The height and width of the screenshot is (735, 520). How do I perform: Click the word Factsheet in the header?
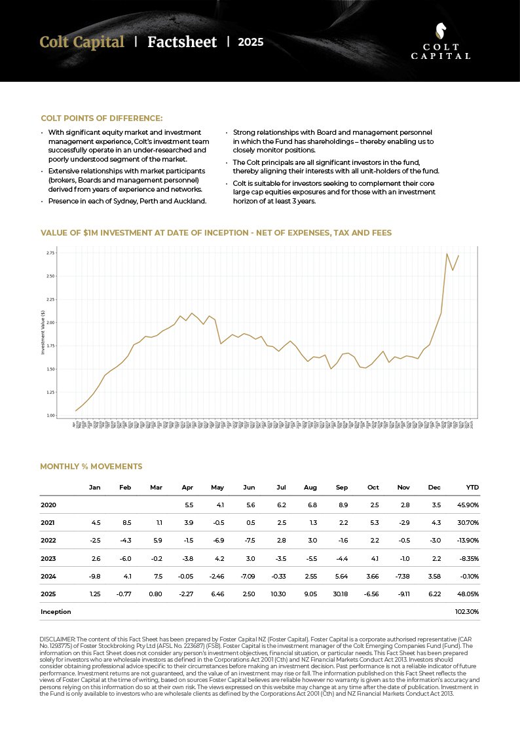[x=182, y=43]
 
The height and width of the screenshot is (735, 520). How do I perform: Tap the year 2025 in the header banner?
[x=250, y=43]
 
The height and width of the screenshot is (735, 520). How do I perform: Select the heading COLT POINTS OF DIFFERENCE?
[x=102, y=118]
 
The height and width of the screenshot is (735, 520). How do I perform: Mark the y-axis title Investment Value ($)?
[x=43, y=332]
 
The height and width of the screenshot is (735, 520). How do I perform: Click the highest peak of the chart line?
[x=447, y=254]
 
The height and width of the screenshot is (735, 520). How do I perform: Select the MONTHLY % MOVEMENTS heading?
[x=91, y=467]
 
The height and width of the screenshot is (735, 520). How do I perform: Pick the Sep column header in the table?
[x=342, y=488]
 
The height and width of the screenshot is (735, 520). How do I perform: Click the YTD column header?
[x=472, y=488]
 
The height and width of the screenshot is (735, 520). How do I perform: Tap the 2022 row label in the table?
[x=48, y=541]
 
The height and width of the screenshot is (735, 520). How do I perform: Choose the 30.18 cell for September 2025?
[x=341, y=594]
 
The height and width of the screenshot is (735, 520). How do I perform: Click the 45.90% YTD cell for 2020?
[x=468, y=505]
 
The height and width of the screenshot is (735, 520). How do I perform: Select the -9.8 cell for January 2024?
[x=95, y=576]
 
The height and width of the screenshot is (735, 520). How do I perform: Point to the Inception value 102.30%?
[x=467, y=611]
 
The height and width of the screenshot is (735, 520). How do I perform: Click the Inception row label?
[x=56, y=611]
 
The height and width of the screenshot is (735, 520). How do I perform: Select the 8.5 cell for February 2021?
[x=126, y=523]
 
